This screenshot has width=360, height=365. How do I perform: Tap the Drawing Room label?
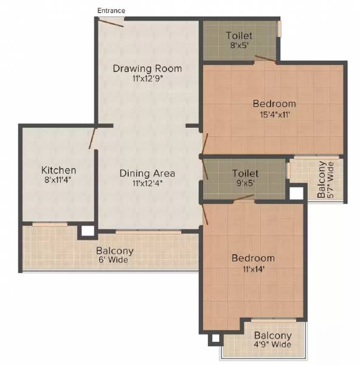(x=147, y=68)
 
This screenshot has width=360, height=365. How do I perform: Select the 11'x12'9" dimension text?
(x=147, y=78)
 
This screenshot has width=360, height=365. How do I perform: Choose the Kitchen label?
(x=58, y=170)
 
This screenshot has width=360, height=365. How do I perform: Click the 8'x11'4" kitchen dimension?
(x=58, y=180)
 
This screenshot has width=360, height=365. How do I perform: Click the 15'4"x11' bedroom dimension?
(x=274, y=114)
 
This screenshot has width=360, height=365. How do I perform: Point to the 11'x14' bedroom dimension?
(x=253, y=268)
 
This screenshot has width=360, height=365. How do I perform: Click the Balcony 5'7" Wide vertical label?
(x=325, y=180)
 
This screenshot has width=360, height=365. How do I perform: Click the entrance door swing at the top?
(x=111, y=23)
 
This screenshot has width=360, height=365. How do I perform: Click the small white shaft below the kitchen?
(x=88, y=231)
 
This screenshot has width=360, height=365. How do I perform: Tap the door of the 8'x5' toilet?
(x=265, y=59)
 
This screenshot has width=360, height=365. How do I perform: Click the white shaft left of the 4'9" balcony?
(x=213, y=339)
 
